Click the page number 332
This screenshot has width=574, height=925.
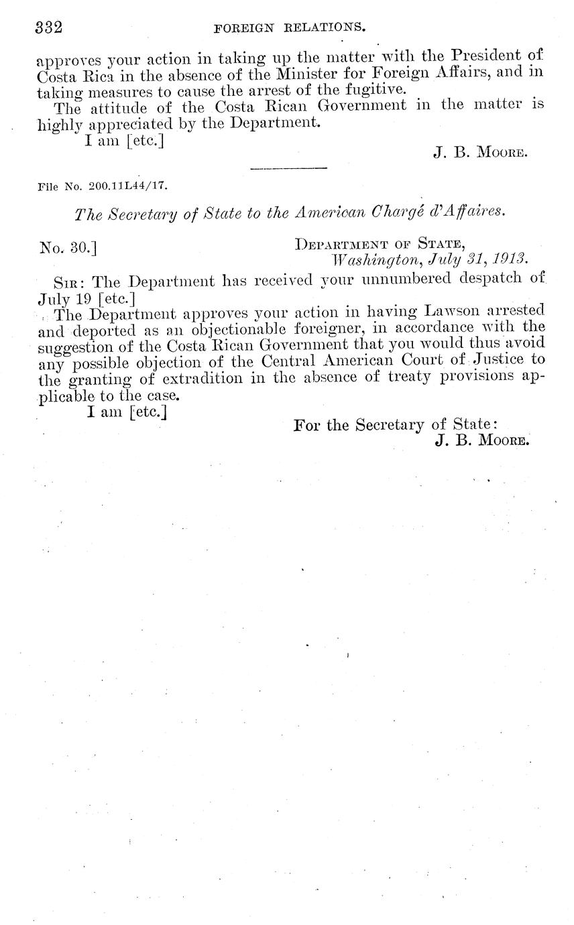coord(48,27)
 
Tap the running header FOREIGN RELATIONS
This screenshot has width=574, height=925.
coord(289,28)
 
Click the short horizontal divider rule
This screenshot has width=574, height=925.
coord(288,168)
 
